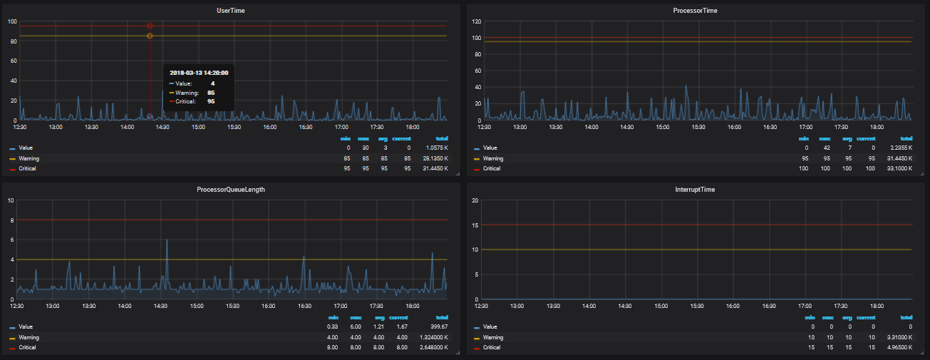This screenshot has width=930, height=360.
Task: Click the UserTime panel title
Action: [x=231, y=11]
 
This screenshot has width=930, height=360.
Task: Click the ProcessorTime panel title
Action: [x=695, y=11]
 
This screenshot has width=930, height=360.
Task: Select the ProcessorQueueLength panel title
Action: [x=231, y=190]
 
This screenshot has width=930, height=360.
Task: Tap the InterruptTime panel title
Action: [x=695, y=190]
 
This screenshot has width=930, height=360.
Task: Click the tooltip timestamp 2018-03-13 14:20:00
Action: [x=199, y=73]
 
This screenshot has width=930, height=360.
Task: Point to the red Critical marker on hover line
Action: [x=150, y=26]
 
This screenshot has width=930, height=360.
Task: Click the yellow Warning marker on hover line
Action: [x=150, y=36]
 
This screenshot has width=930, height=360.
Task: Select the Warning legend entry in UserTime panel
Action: [x=29, y=158]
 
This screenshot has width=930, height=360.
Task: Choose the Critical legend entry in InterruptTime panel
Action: [x=492, y=347]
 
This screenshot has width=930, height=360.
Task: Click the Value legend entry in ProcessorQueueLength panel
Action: [x=26, y=327]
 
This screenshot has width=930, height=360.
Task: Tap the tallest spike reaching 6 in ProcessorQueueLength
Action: [x=167, y=240]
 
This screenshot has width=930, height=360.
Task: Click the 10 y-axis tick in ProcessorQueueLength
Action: [x=11, y=200]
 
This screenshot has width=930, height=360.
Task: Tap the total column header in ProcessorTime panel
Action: [x=906, y=138]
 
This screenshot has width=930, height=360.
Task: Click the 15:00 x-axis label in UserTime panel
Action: [x=198, y=127]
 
